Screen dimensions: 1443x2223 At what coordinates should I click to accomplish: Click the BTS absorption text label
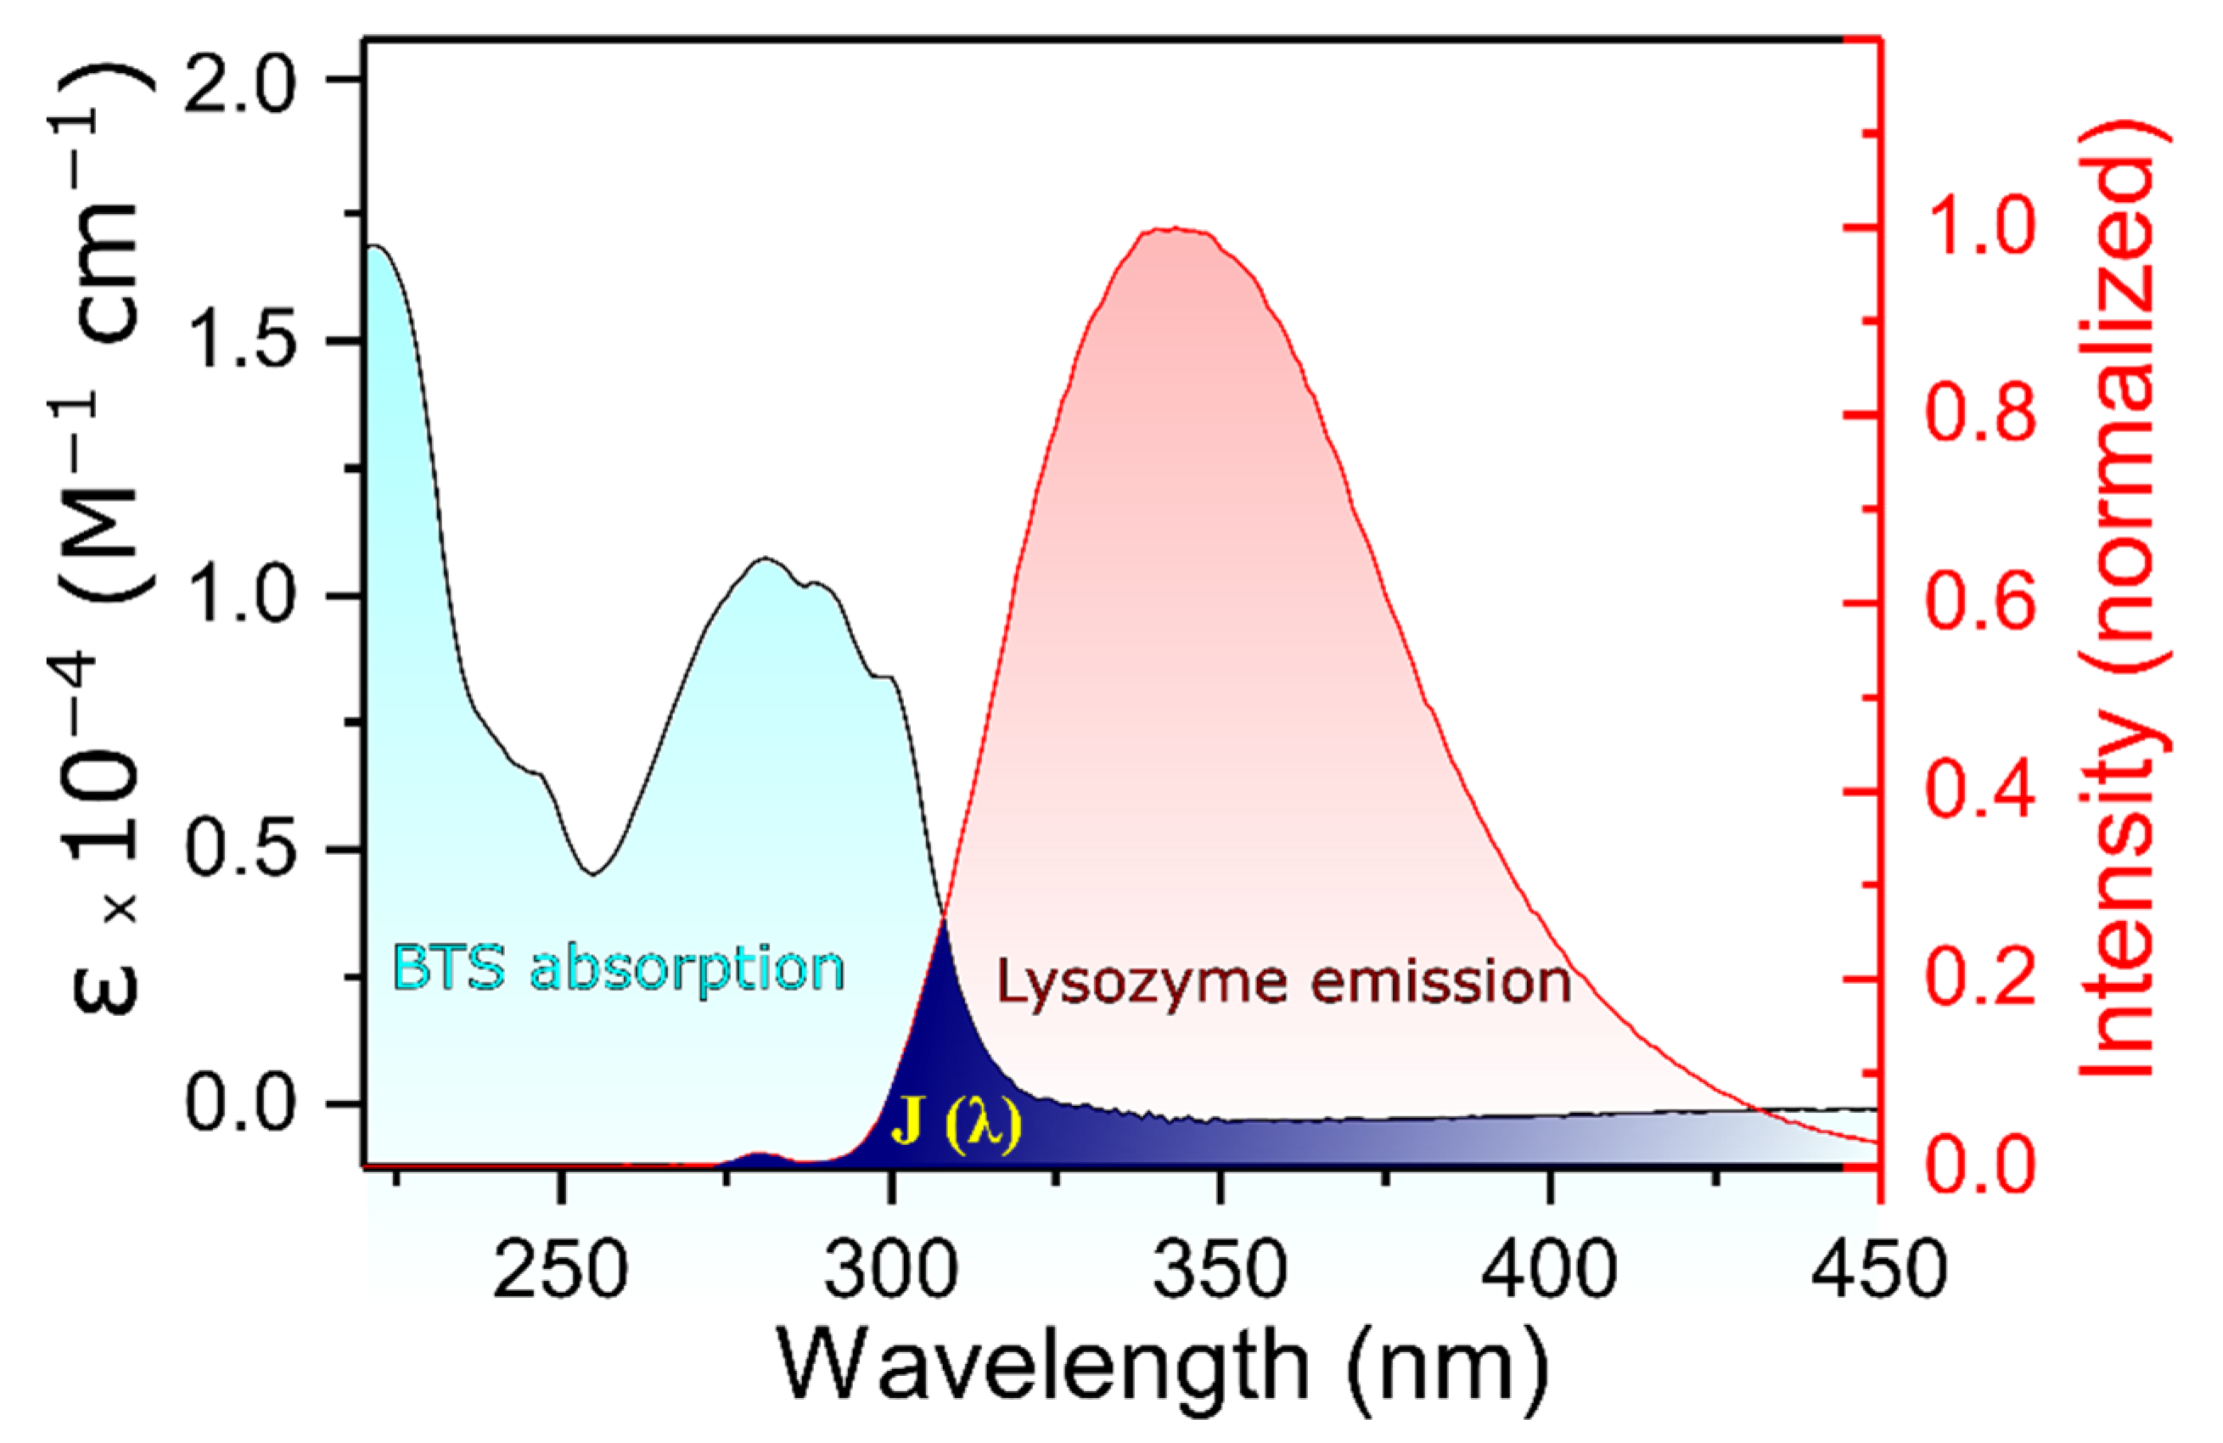pyautogui.click(x=617, y=969)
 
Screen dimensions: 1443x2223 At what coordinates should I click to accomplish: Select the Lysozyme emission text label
pyautogui.click(x=1283, y=984)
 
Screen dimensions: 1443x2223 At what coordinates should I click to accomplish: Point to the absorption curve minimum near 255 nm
pyautogui.click(x=592, y=874)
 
